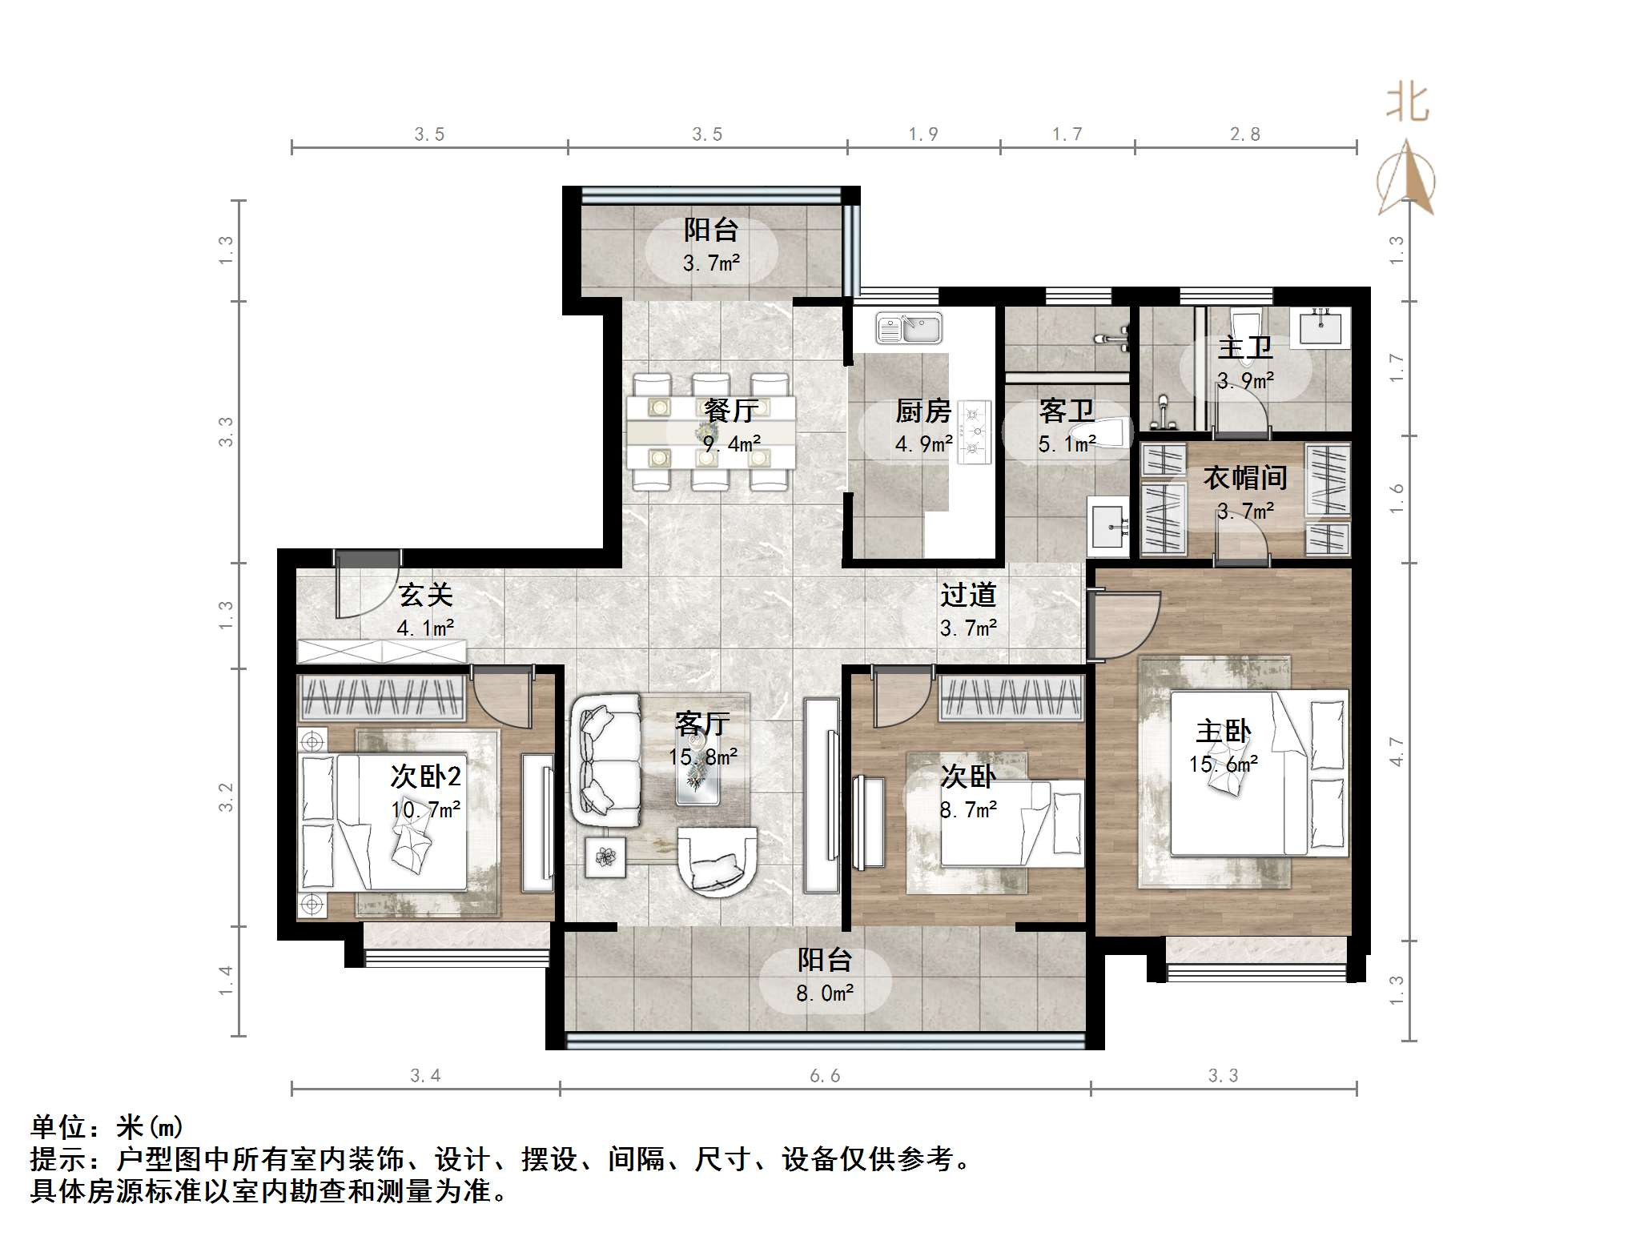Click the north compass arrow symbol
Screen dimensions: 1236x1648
(x=1406, y=180)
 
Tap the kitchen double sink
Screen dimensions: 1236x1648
(x=909, y=328)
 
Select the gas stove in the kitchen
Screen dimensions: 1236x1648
(x=975, y=432)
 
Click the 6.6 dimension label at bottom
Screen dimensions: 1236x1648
(x=825, y=1076)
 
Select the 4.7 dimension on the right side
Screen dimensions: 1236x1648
(x=1397, y=751)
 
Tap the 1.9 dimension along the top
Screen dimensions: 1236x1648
(x=922, y=134)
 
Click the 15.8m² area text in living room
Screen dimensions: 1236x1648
(x=703, y=756)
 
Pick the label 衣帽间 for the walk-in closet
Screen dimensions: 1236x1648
(x=1245, y=478)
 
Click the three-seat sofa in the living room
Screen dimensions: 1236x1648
(x=606, y=760)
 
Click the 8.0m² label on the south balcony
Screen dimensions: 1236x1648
(x=825, y=993)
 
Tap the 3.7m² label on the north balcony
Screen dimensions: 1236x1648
(x=711, y=263)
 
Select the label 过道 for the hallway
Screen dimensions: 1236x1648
(x=968, y=595)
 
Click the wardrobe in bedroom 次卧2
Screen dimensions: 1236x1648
(x=382, y=697)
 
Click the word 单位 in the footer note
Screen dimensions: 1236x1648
(x=58, y=1127)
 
